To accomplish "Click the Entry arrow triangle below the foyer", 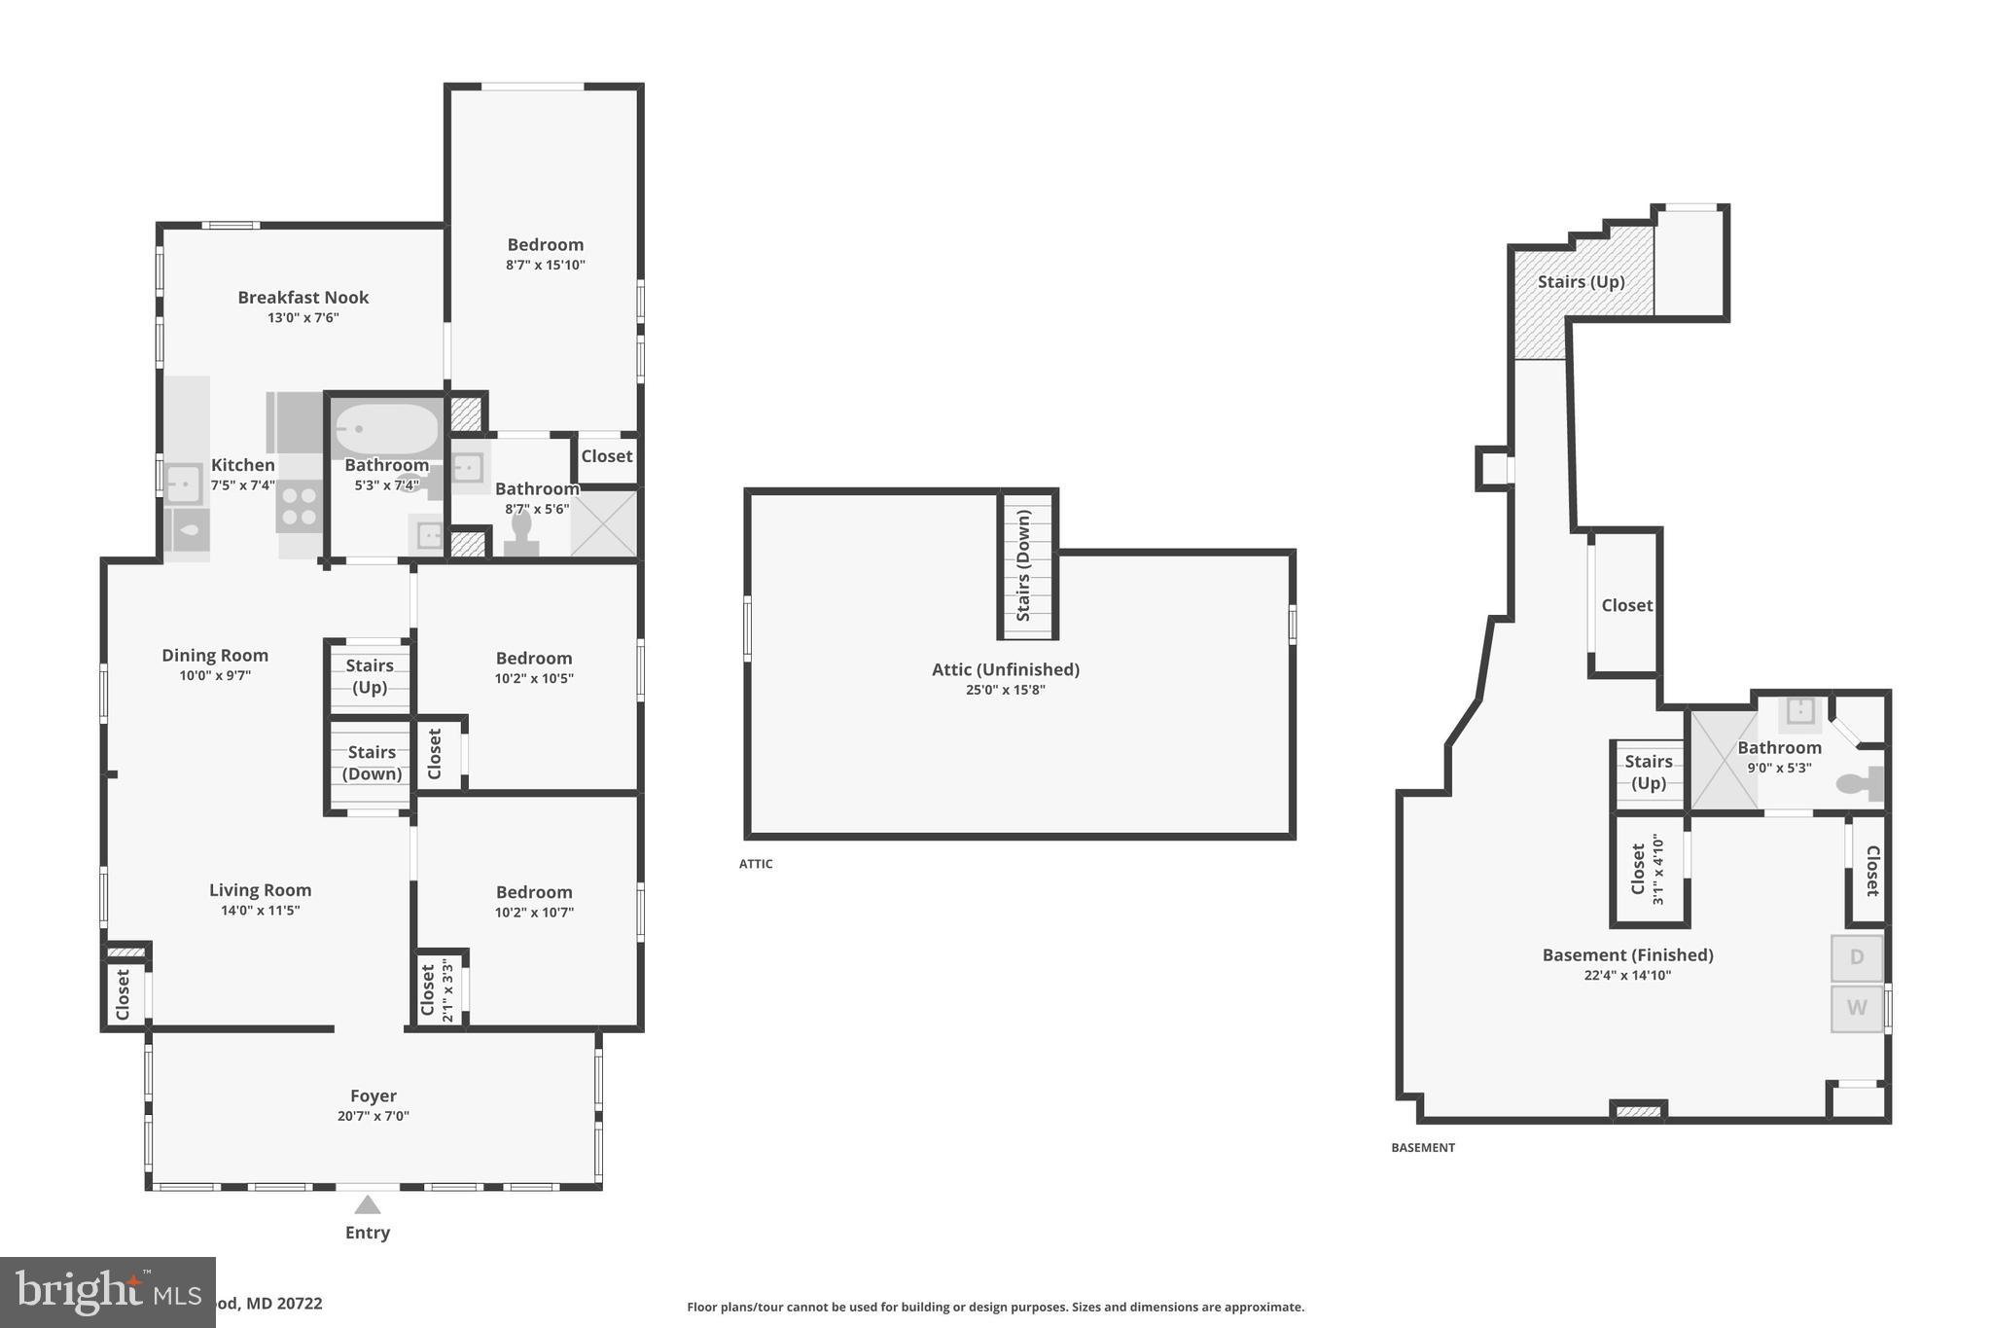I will (367, 1205).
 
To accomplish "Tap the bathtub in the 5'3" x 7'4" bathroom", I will (386, 429).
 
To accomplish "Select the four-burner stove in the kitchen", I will (299, 507).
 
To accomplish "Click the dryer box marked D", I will (1857, 957).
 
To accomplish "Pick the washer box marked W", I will (1857, 1008).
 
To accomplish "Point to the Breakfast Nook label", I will (302, 298).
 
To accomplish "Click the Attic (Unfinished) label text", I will (1005, 669).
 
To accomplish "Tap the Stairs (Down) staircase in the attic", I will (1027, 566).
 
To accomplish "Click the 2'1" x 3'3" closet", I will (438, 988).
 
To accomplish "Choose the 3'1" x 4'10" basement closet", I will (1649, 869).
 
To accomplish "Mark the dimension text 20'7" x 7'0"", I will (373, 1116).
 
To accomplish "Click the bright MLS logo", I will (107, 1292).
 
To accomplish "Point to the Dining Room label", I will (215, 656).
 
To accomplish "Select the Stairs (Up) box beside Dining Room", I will (370, 677).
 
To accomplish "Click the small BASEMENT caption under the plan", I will (1422, 1148).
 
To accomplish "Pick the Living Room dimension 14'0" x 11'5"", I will (260, 911).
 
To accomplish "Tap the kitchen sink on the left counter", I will (183, 483).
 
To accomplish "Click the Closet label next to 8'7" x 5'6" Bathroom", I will (606, 456).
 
